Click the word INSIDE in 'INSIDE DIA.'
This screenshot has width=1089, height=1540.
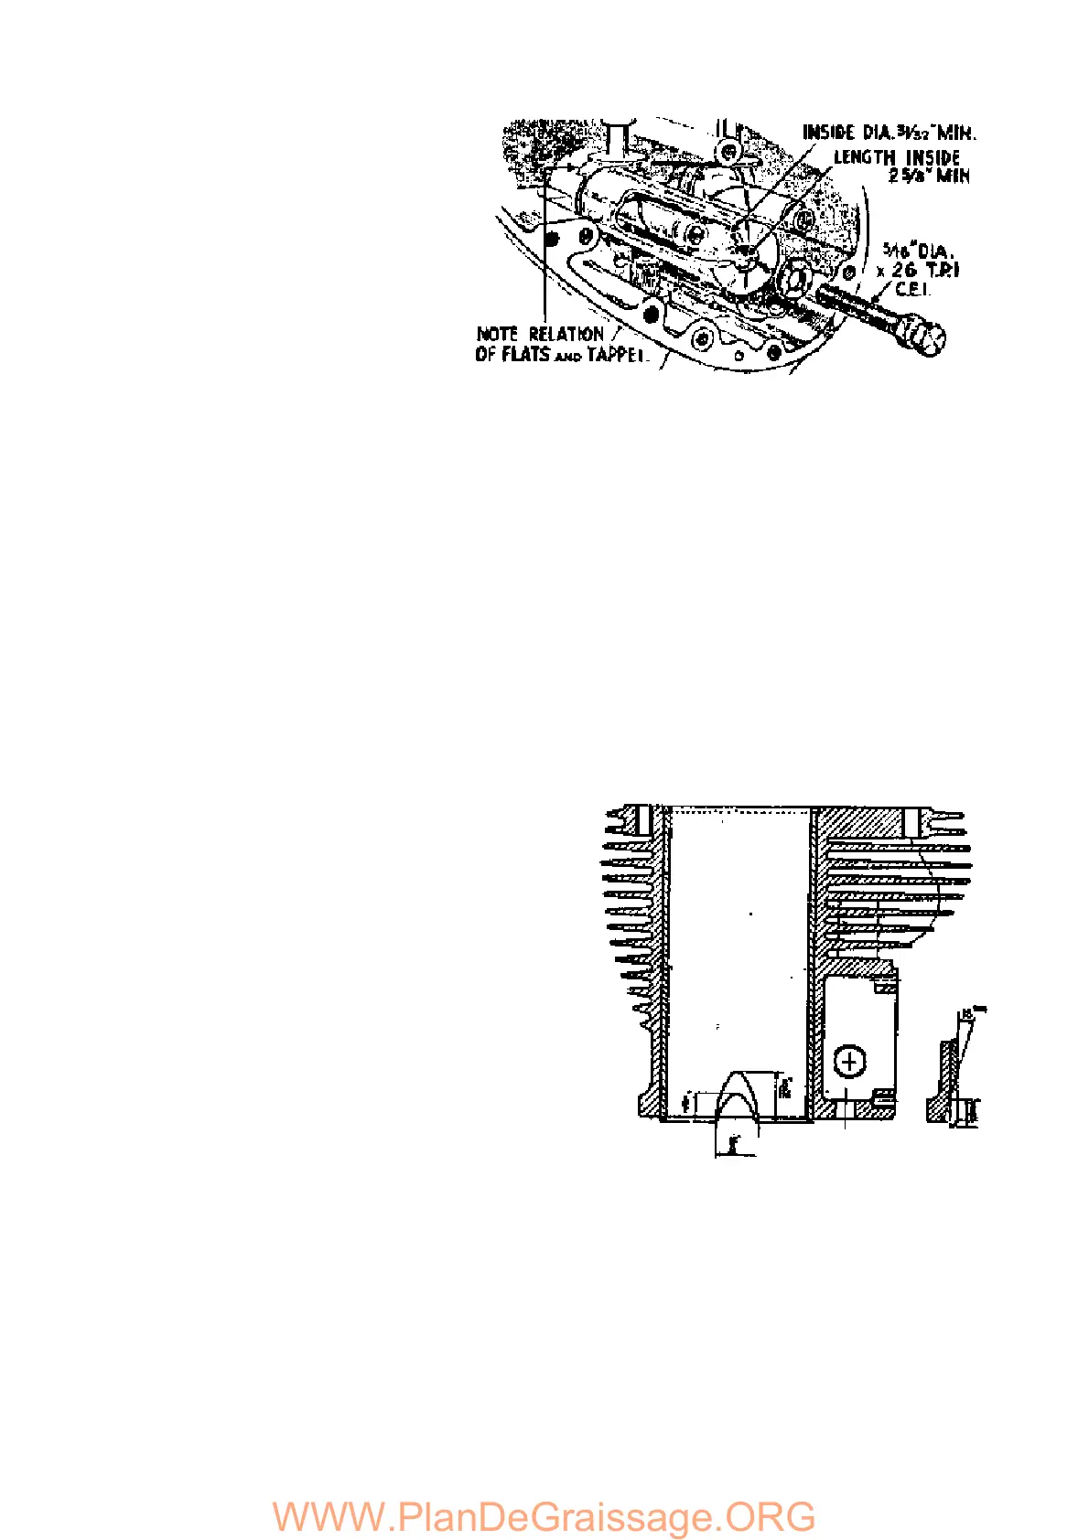coord(828,134)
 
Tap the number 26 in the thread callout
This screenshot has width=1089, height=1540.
coord(904,271)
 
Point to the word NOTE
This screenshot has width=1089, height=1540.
coord(497,335)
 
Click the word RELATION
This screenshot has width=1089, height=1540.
coord(566,335)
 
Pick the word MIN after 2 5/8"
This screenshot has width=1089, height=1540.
coord(952,176)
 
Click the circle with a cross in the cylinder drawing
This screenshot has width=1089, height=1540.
coord(850,1062)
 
